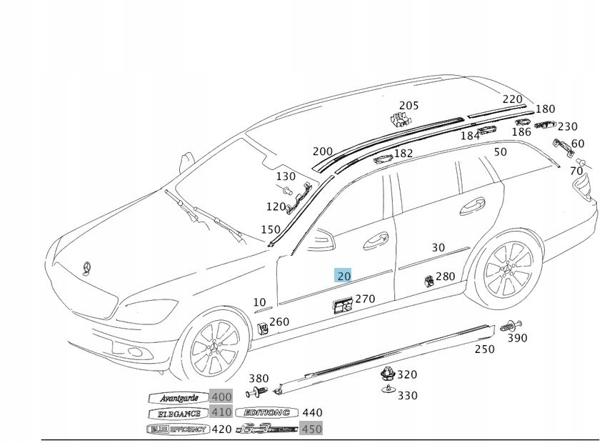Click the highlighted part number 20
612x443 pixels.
(343, 276)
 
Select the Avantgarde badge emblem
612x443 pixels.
(176, 397)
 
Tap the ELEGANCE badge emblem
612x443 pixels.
(179, 413)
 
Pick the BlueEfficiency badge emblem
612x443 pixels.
(177, 429)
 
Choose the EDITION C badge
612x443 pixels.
(267, 413)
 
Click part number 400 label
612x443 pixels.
(221, 397)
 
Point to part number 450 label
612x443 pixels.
(312, 429)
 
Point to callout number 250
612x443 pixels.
(484, 349)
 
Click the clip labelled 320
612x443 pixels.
(386, 374)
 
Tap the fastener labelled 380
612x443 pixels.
(257, 392)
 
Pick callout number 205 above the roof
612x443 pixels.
(408, 106)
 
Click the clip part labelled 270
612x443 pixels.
(343, 306)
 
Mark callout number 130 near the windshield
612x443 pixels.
(285, 176)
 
